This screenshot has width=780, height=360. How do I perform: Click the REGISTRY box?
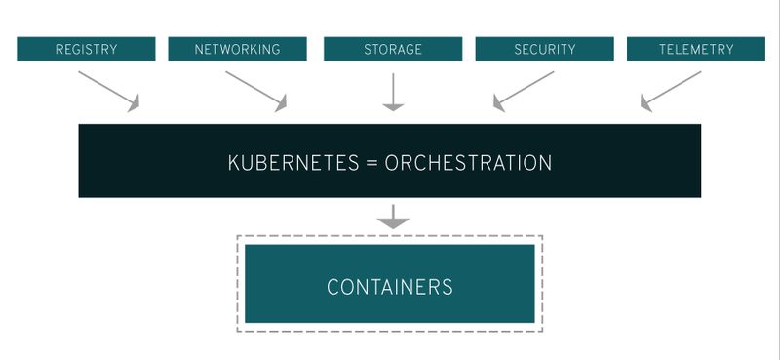click(86, 49)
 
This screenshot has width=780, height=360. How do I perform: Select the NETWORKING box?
click(238, 49)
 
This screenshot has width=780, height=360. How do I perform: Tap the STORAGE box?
click(392, 49)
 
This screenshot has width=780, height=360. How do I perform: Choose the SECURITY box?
click(544, 49)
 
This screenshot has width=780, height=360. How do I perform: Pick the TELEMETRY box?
click(694, 49)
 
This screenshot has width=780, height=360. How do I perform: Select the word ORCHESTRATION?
click(468, 162)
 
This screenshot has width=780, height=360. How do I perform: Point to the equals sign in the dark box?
click(370, 163)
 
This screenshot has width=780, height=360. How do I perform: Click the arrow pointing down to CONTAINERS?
click(392, 217)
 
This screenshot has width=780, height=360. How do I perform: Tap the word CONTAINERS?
click(390, 287)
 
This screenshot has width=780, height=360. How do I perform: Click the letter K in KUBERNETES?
click(234, 162)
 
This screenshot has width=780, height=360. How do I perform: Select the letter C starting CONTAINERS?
click(332, 287)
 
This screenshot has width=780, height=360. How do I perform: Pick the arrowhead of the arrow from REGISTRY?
click(134, 103)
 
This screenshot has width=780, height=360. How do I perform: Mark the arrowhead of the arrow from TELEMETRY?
click(646, 103)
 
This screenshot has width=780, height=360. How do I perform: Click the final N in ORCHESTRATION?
click(545, 162)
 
